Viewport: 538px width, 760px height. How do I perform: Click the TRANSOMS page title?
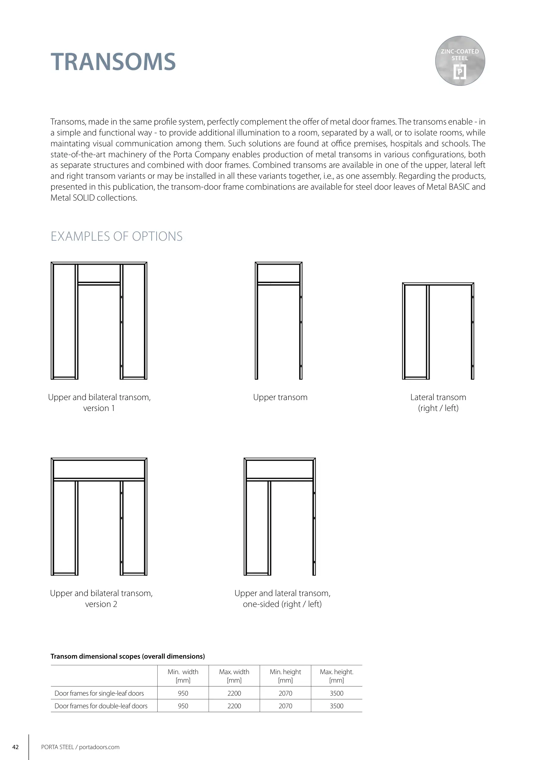coord(113,62)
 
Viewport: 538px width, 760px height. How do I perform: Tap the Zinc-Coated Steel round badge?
coord(460,61)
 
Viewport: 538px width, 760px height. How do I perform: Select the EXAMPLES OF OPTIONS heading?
coord(116,236)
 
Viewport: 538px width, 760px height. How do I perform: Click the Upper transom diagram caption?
coord(280,397)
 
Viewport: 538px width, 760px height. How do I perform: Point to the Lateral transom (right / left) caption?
coord(438,403)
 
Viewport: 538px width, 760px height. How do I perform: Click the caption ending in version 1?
coord(99,403)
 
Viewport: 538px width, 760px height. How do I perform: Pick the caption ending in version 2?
coord(101,598)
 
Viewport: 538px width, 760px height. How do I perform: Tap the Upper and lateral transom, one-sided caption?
coord(282,598)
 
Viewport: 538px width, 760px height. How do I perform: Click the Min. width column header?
coord(183,676)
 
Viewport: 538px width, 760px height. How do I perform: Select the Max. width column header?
coord(234,676)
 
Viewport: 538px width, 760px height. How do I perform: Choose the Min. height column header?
coord(285,676)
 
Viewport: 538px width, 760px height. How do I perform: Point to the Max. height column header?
coord(336,676)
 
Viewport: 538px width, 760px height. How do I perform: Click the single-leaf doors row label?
coord(99,693)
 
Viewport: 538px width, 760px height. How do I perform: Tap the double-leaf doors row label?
coord(101,706)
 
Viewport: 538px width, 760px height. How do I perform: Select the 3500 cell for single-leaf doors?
coord(336,693)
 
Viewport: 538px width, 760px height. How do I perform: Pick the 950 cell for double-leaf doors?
coord(183,706)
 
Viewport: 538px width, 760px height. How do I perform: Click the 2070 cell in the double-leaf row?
coord(285,706)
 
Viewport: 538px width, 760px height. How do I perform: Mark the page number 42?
coord(15,747)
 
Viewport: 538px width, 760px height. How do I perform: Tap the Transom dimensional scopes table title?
coord(128,656)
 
